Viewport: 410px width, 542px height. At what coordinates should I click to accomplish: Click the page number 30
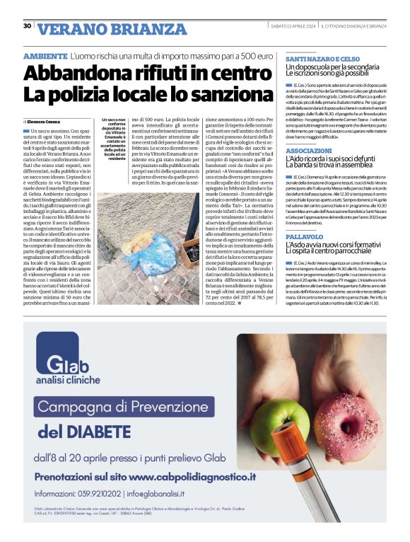27,26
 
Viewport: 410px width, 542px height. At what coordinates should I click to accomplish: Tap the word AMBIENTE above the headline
45,55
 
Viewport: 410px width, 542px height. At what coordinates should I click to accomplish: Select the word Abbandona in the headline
74,74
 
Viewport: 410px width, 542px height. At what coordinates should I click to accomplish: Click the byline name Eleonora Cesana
46,122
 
